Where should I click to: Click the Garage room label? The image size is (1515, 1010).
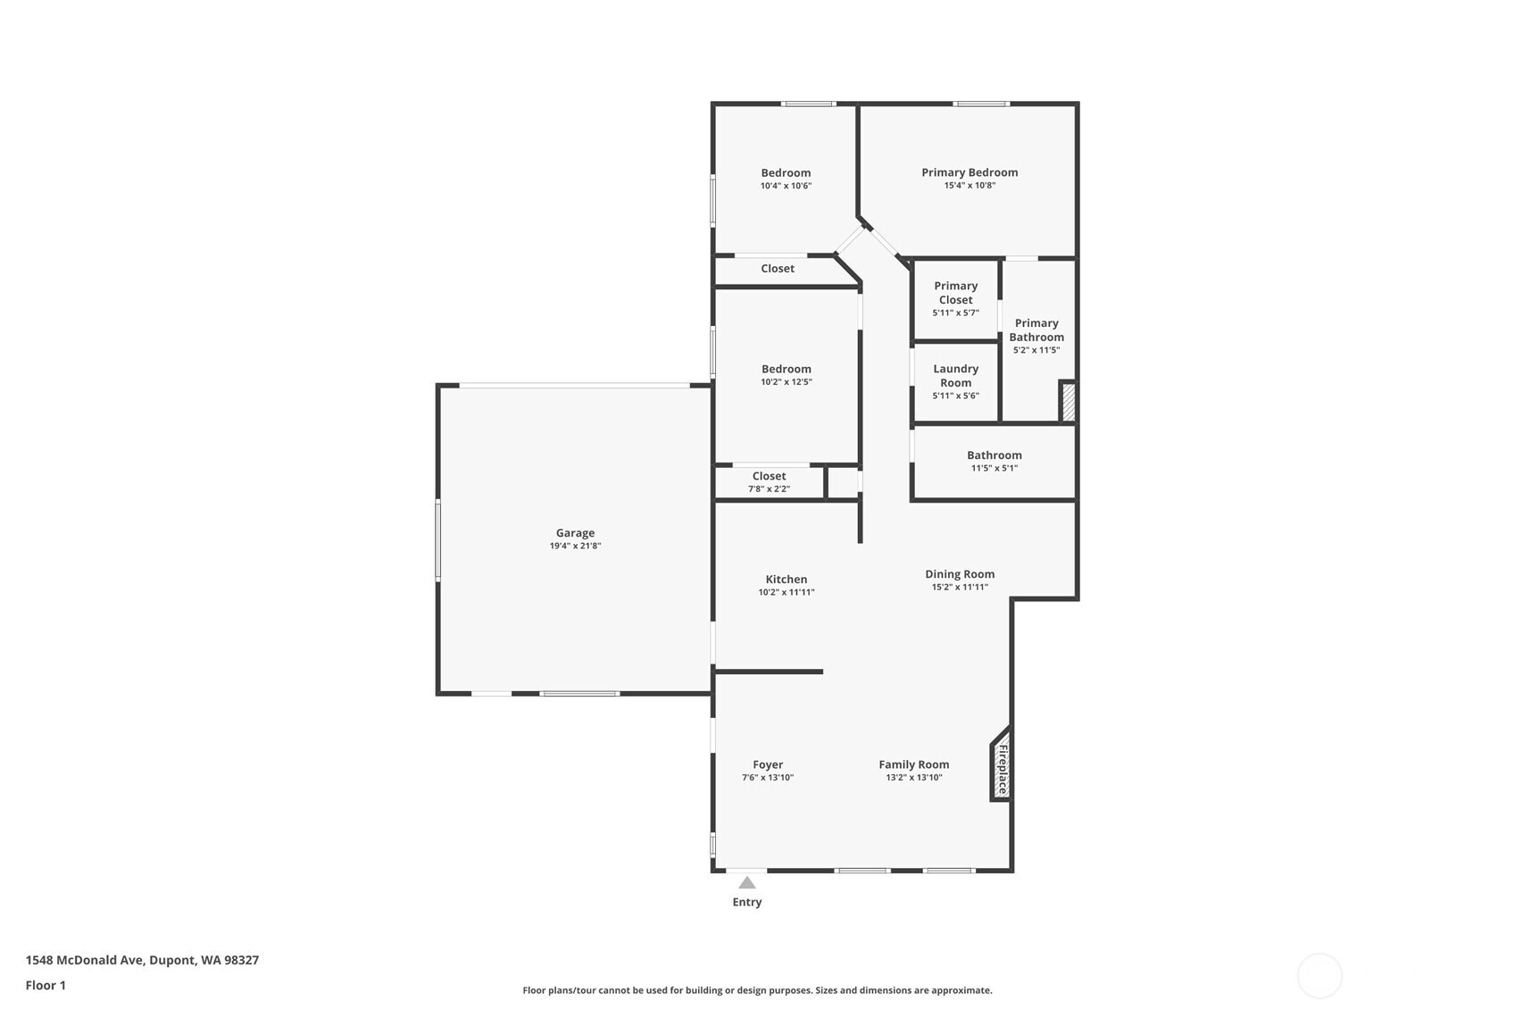(575, 533)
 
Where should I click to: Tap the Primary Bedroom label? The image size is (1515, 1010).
(970, 172)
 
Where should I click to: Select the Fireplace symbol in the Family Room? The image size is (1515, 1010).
(1001, 764)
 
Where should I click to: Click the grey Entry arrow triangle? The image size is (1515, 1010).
(746, 882)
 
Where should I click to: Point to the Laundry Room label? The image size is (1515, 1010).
(955, 375)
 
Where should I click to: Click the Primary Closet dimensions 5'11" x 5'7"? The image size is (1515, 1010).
(955, 313)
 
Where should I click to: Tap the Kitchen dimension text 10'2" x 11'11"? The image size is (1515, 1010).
(786, 592)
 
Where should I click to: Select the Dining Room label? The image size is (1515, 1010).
(960, 574)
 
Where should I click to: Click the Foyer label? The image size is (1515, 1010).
(768, 764)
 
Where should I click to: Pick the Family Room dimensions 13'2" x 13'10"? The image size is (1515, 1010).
(914, 777)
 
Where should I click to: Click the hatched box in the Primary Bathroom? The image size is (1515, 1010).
(1068, 402)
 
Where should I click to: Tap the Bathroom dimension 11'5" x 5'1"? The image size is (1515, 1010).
(995, 468)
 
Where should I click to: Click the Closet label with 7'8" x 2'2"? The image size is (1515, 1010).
(769, 476)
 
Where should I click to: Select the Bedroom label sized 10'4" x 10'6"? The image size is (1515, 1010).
(786, 173)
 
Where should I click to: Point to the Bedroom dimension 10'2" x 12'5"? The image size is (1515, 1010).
(786, 381)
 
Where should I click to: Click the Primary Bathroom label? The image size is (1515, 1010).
(1036, 330)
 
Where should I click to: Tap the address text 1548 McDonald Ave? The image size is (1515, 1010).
(85, 960)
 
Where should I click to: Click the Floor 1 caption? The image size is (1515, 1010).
(46, 986)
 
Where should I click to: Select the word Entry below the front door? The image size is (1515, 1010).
(746, 903)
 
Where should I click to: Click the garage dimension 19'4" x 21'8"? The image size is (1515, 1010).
(575, 546)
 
